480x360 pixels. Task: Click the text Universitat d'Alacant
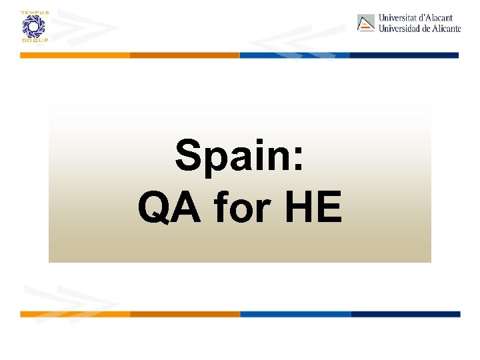click(415, 18)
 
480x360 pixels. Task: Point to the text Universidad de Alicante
click(419, 29)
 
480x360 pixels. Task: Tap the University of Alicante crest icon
click(366, 23)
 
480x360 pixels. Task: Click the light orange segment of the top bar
click(75, 55)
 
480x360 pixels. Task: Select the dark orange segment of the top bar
click(185, 55)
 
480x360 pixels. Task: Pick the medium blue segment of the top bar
click(294, 55)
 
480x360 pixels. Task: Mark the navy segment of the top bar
click(404, 55)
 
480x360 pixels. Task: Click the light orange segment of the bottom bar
click(75, 314)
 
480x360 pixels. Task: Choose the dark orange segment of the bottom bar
click(185, 314)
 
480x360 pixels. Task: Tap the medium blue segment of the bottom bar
click(295, 314)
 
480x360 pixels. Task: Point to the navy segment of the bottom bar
click(405, 314)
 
